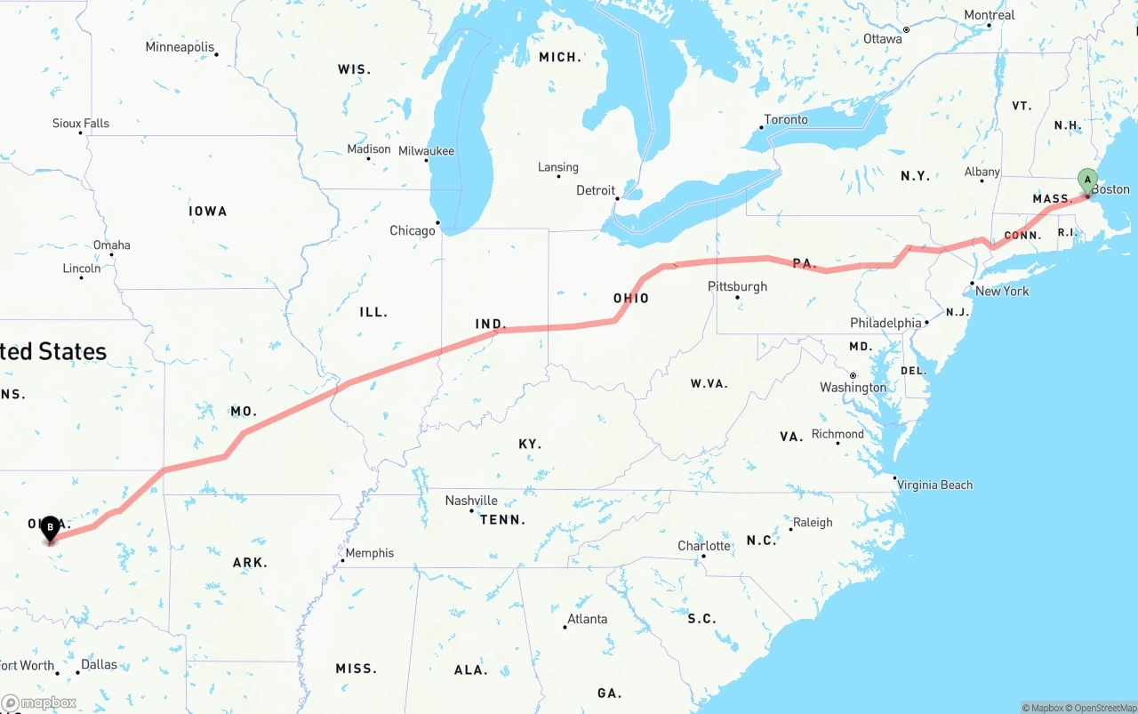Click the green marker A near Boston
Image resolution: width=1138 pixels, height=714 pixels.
[x=1086, y=180]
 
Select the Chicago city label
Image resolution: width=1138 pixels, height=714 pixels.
[x=413, y=231]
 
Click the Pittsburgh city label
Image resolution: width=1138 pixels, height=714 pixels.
[x=737, y=286]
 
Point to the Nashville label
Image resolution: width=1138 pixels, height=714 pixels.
[x=471, y=501]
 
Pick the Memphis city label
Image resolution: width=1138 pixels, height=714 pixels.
[x=369, y=553]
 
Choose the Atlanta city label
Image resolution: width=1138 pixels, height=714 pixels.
[x=587, y=619]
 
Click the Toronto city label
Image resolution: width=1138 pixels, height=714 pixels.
[x=786, y=120]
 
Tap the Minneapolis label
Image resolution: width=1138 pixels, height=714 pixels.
[x=180, y=47]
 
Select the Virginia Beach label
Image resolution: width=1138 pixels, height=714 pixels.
[x=934, y=485]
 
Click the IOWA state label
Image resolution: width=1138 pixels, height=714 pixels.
[x=208, y=212]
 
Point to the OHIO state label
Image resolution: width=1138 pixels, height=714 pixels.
[x=631, y=299]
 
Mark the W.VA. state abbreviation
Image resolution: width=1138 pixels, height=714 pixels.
[x=709, y=384]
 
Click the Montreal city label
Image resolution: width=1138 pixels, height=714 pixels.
[x=989, y=15]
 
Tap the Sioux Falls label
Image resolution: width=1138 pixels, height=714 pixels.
[x=81, y=124]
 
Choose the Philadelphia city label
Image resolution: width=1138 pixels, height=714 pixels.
[x=886, y=323]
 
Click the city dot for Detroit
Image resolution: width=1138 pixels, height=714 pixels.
[x=617, y=198]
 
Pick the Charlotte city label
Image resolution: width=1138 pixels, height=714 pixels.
[x=704, y=546]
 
